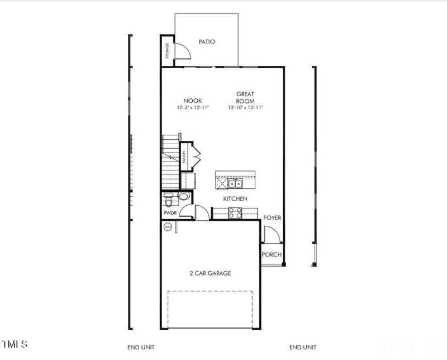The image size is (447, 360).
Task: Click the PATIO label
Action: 207,42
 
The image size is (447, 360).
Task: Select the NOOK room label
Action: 192,101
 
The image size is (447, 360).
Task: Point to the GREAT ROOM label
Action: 245,98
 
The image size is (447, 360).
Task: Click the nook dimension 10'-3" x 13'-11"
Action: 192,107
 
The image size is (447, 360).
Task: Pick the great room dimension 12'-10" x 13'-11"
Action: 245,107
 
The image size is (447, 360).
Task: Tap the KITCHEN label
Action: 235,198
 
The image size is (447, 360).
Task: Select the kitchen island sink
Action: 237,183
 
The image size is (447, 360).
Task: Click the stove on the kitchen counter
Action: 235,212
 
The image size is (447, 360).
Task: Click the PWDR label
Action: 170,213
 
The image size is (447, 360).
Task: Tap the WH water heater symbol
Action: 167,227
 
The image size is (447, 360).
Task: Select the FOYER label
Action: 272,217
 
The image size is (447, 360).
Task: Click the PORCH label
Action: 272,255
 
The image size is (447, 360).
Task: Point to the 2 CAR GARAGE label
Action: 210,273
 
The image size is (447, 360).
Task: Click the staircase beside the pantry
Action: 170,162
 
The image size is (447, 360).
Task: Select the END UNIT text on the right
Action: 303,347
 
